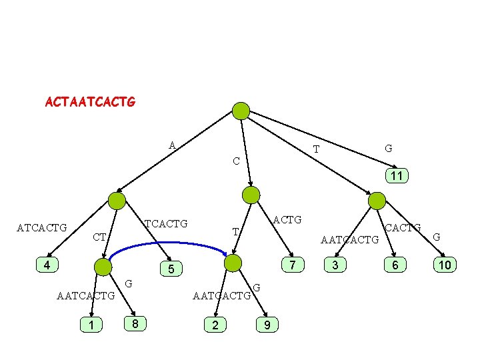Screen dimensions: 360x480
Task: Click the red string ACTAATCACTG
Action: tap(90, 102)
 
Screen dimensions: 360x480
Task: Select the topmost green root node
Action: tap(241, 111)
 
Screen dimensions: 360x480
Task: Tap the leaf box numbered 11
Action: tap(396, 177)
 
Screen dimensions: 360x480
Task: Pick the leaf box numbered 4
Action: tap(46, 265)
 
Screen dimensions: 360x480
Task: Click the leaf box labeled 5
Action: tap(171, 269)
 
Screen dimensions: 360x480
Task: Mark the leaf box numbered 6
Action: tap(395, 265)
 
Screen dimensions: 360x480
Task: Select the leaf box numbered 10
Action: tap(444, 265)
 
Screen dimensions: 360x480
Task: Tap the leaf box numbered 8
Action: tap(135, 324)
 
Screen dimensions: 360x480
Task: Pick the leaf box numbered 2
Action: tap(215, 325)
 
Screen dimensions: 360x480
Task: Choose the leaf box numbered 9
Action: tap(267, 325)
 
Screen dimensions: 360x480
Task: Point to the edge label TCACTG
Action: tap(166, 223)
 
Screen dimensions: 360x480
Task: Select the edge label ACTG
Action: tap(287, 219)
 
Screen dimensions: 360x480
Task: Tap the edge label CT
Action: tap(99, 237)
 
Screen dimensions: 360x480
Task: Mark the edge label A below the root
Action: tap(172, 145)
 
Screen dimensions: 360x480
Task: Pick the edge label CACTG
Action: tap(404, 229)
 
